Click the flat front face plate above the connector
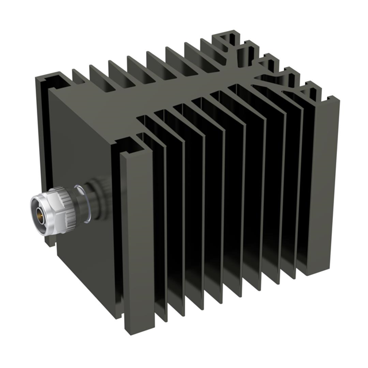86,132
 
